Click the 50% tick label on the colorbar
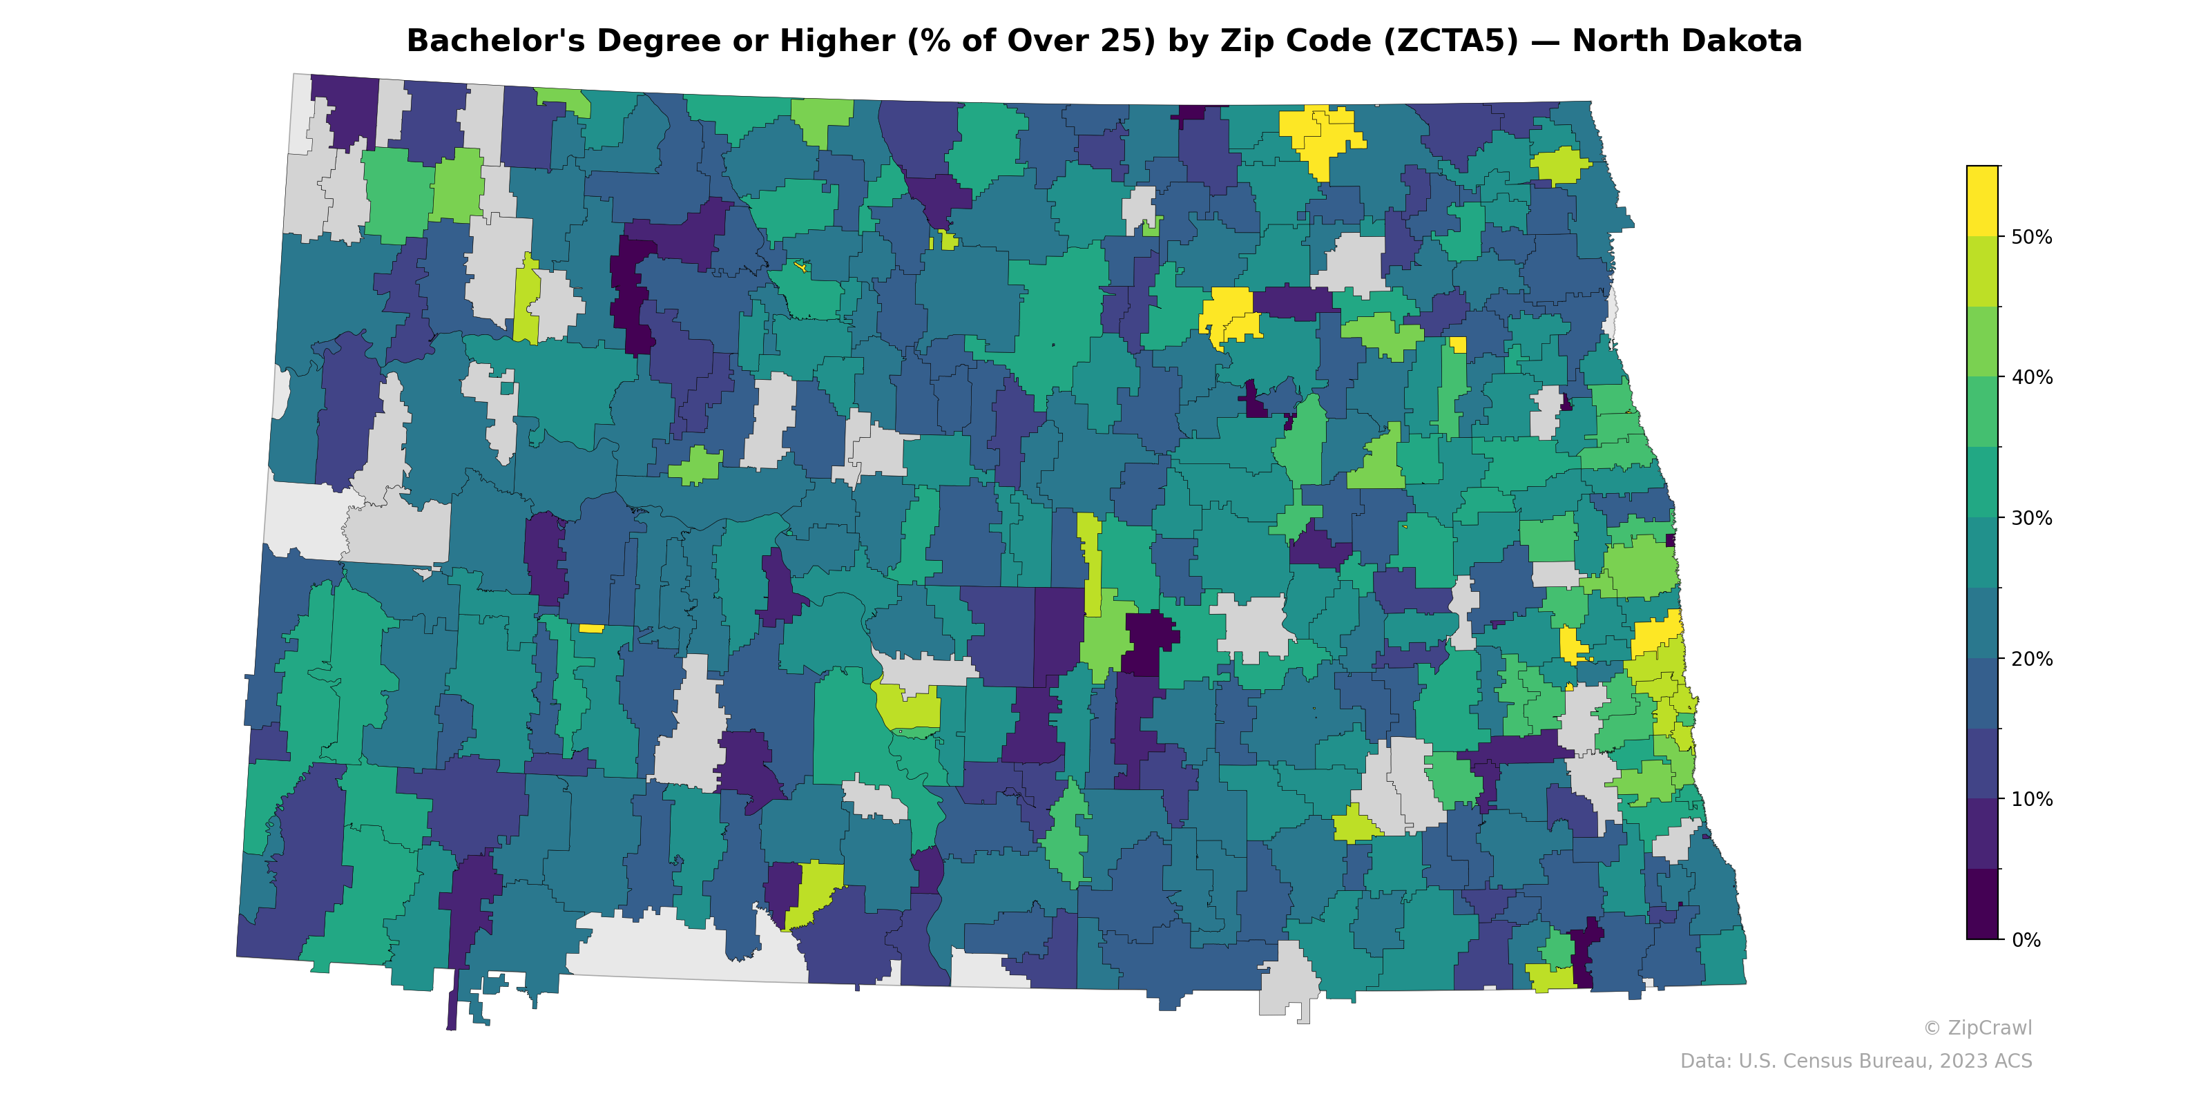[x=2032, y=238]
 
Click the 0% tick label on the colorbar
[x=2026, y=940]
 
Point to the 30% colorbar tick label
[x=2032, y=518]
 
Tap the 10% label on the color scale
[x=2032, y=800]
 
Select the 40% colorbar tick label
[x=2032, y=378]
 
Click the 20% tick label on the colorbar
[x=2032, y=659]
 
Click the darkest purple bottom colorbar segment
[x=1982, y=905]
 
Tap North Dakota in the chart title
[x=1687, y=41]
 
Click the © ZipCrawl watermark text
[x=1977, y=1028]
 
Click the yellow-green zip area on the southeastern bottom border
[x=1549, y=977]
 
